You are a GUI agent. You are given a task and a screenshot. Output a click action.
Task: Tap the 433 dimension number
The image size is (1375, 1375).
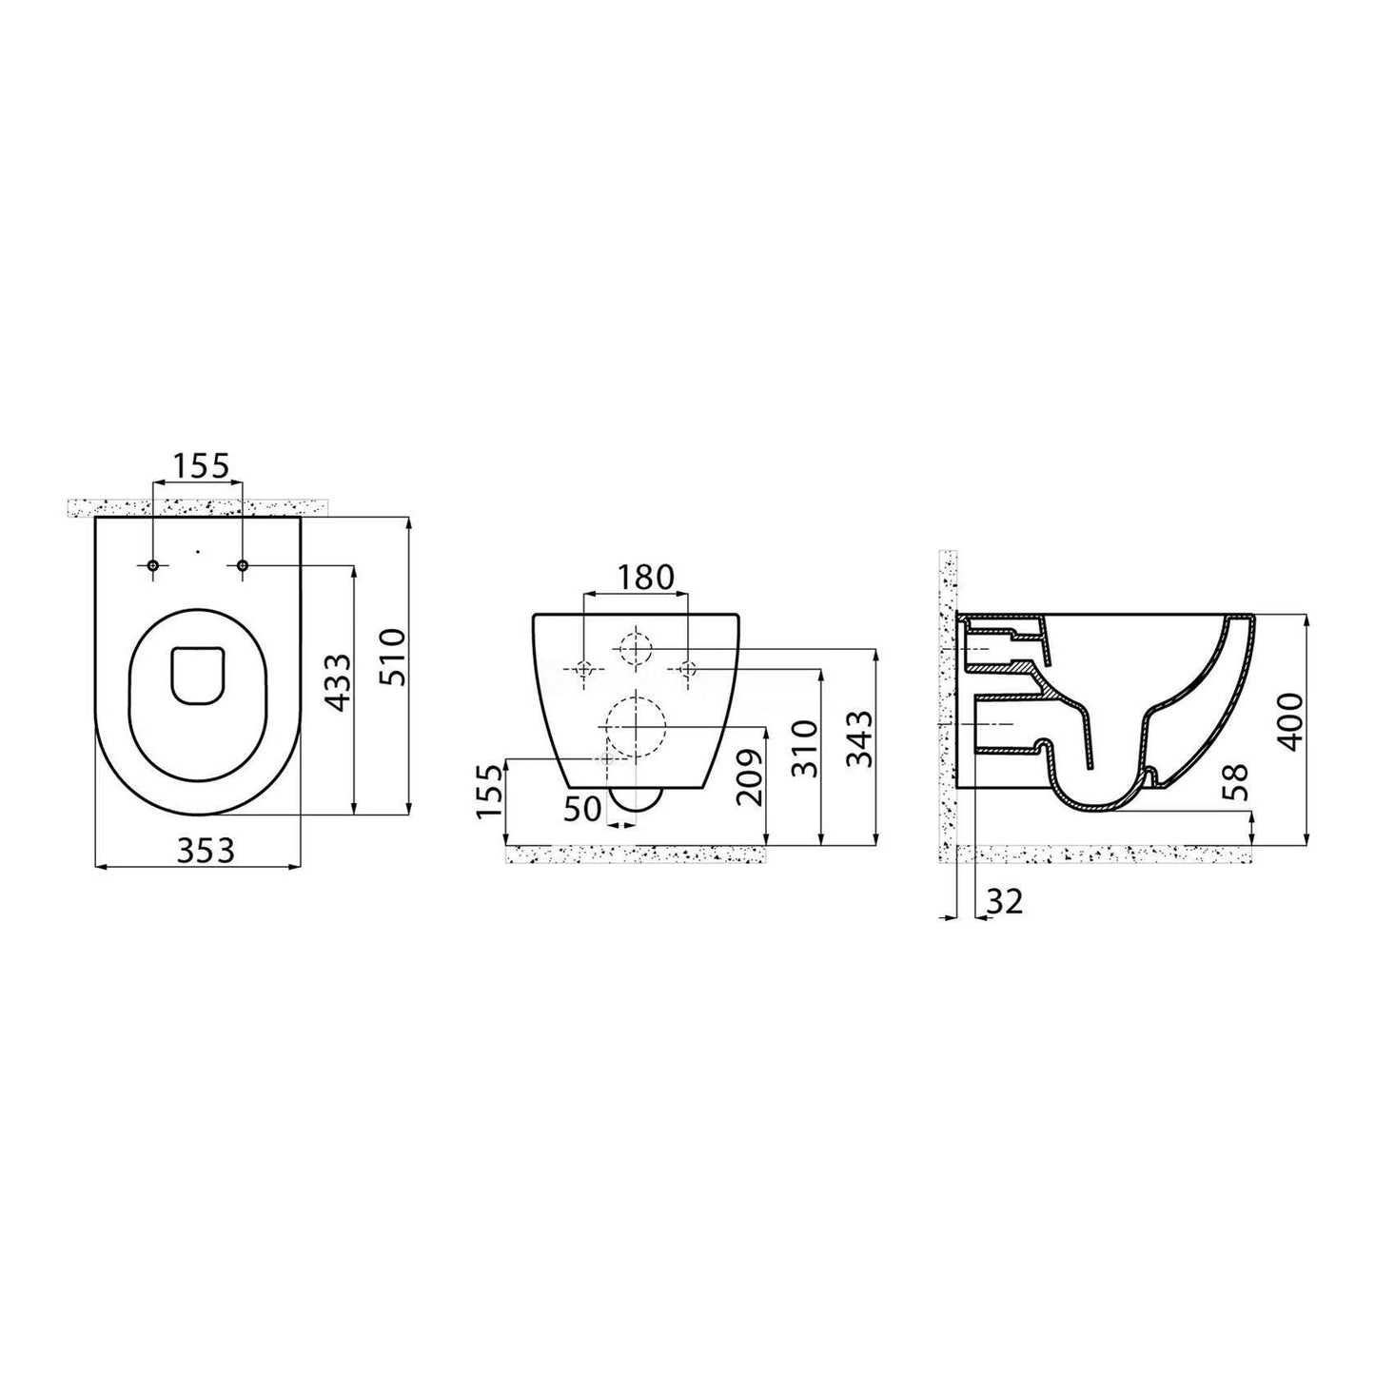point(338,682)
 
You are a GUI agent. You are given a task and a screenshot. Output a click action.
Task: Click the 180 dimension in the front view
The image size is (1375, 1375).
point(645,577)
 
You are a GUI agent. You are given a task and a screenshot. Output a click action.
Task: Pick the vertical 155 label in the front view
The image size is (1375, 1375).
point(488,791)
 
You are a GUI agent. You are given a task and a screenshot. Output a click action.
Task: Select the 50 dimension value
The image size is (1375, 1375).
point(581,809)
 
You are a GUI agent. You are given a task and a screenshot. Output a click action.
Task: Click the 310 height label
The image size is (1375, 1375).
point(804,748)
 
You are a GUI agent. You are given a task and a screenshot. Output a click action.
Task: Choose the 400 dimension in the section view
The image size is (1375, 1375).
point(1290,722)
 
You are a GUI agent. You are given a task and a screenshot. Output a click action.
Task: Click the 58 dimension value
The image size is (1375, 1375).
point(1237,779)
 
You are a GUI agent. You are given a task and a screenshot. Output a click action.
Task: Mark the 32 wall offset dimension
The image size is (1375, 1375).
point(1006,901)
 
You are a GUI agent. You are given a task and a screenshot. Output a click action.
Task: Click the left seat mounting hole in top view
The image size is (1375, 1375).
point(153,567)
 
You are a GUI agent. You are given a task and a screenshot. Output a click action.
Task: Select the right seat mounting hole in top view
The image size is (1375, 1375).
point(243,567)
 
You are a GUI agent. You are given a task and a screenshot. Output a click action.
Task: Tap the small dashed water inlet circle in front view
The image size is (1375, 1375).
point(634,649)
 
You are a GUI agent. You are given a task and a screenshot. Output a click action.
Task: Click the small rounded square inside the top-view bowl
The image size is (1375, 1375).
point(198,677)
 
